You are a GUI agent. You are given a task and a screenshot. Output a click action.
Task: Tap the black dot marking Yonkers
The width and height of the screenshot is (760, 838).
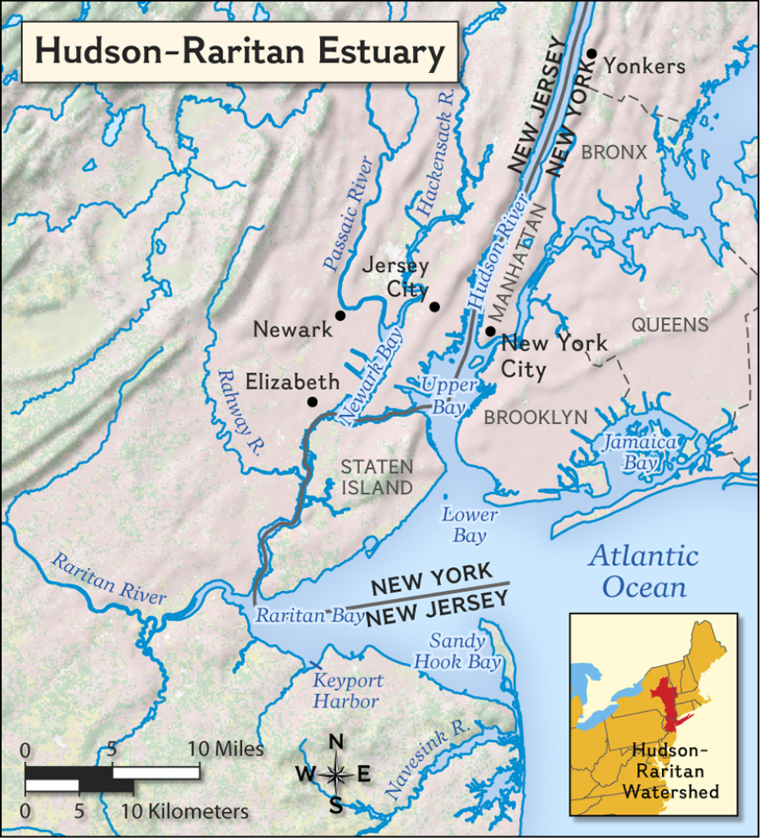(591, 53)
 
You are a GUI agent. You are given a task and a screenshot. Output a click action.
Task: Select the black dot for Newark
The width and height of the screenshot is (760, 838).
(340, 315)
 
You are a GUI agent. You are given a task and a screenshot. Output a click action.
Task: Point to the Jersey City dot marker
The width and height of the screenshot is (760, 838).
(434, 307)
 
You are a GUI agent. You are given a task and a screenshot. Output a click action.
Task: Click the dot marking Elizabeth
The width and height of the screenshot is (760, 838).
(312, 402)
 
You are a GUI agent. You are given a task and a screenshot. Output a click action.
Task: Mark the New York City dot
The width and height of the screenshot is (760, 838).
(489, 331)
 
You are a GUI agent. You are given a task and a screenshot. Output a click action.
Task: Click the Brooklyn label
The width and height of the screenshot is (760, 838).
(535, 417)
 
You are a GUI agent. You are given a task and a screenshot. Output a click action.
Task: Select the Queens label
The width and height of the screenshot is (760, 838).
(669, 325)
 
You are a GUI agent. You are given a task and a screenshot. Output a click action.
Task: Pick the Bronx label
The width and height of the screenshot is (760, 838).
(614, 152)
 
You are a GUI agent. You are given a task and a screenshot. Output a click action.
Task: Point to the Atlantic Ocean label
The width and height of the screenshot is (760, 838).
(645, 572)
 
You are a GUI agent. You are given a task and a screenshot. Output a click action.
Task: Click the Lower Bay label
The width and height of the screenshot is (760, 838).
(470, 525)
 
